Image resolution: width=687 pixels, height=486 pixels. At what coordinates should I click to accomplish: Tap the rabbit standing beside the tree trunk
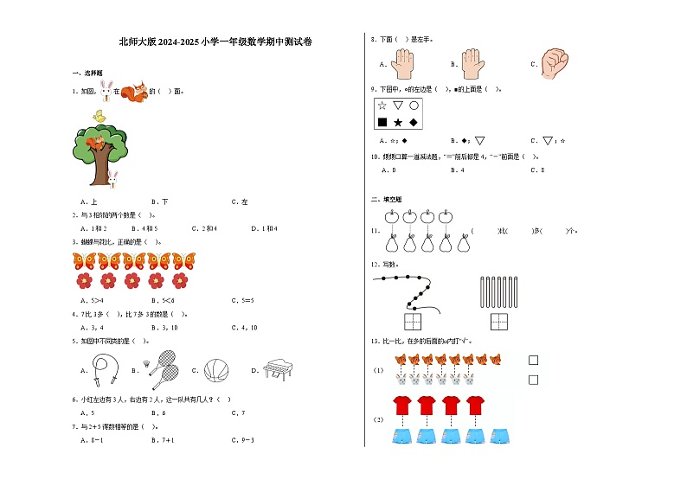click(x=112, y=178)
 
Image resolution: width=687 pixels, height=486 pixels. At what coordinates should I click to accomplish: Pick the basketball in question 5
click(x=214, y=371)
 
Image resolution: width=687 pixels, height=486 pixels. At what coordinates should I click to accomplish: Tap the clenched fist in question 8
click(x=554, y=61)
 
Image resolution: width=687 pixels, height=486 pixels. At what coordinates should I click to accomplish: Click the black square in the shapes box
click(x=382, y=122)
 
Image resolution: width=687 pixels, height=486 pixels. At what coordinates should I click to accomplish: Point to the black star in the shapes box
click(x=398, y=123)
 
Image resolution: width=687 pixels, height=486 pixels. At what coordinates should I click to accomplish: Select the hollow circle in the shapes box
click(x=414, y=106)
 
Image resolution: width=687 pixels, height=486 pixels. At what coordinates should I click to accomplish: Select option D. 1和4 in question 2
click(x=264, y=228)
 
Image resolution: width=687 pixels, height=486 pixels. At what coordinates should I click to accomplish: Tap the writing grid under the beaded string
click(x=412, y=322)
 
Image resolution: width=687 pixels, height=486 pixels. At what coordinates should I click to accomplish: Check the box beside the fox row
click(x=533, y=361)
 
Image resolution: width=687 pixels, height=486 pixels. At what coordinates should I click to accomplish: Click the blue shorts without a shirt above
click(x=499, y=435)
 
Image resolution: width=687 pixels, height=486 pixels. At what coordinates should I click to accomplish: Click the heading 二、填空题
click(x=381, y=199)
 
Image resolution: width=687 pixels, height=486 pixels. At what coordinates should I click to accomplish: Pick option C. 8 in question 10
click(x=537, y=170)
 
